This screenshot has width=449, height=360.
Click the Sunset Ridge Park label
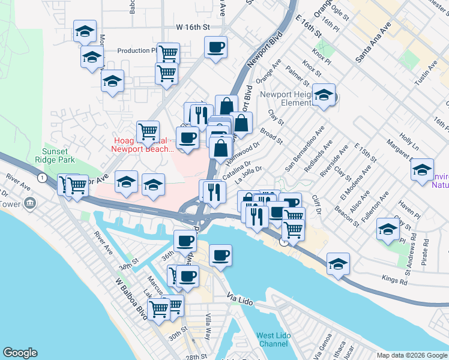[x=59, y=156]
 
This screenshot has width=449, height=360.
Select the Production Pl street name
[x=137, y=51]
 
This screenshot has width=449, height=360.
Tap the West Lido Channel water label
[x=273, y=340]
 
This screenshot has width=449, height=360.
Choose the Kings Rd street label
[x=393, y=278]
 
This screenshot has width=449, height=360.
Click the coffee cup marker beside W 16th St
[x=215, y=47]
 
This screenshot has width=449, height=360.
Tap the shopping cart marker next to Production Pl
[x=169, y=53]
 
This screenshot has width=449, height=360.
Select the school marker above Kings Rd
[x=338, y=263]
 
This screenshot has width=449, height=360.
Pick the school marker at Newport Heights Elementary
[x=324, y=95]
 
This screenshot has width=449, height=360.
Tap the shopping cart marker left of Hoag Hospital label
[x=147, y=130]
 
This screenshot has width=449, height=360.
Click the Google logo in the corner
[x=20, y=353]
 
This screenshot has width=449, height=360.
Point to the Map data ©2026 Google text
[x=411, y=355]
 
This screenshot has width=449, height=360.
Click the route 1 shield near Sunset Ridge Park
[x=41, y=178]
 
